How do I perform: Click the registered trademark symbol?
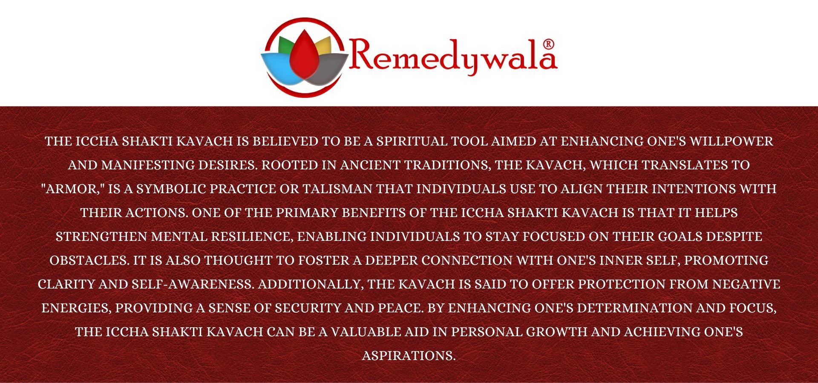tap(549, 44)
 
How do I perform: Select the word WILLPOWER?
tap(732, 141)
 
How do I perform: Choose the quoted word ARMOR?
tap(73, 189)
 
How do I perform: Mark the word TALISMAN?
tap(337, 189)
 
